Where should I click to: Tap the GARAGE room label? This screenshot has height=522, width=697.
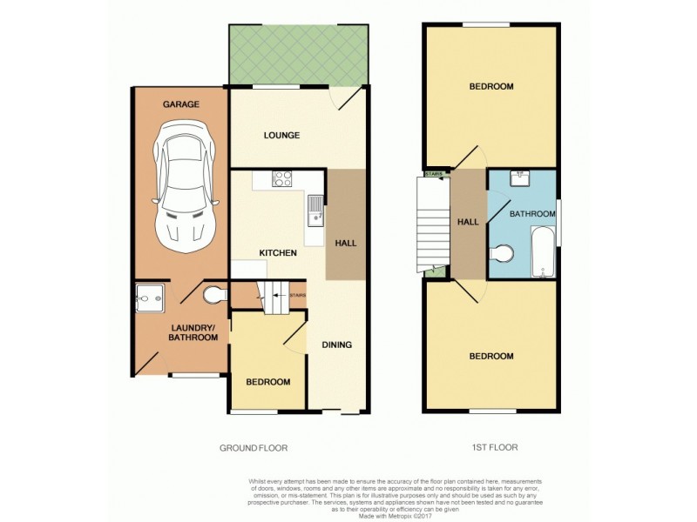point(180,104)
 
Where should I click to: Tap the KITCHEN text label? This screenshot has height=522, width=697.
point(278,253)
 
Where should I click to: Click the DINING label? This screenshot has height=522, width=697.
point(336,345)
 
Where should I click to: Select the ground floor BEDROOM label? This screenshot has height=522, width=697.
point(267,382)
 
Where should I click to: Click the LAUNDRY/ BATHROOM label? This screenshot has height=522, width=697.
point(193,332)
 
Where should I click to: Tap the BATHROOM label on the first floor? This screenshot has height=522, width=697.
point(532,213)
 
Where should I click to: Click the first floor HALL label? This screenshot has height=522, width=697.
point(468,222)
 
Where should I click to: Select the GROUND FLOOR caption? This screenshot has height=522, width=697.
point(253,447)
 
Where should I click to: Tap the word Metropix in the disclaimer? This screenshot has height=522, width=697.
point(403,517)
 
